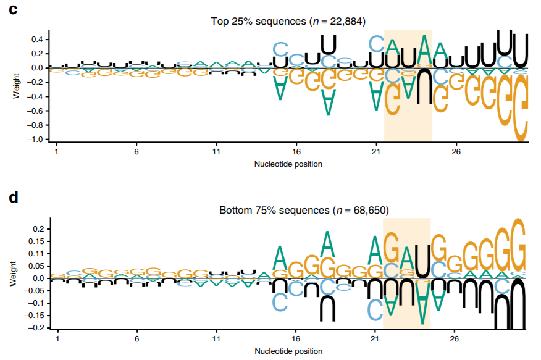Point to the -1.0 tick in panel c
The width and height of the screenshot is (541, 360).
coord(38,140)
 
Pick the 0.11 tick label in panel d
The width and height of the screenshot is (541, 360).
coord(38,254)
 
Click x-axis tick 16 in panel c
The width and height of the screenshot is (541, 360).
coord(296,151)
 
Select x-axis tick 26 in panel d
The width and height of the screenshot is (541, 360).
coord(455,339)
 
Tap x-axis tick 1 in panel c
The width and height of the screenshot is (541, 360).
coord(57,151)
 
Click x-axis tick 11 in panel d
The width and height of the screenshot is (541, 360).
coord(216,339)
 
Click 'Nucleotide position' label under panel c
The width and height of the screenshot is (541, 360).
coord(288,164)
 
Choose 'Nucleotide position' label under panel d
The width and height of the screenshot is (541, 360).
coord(288,351)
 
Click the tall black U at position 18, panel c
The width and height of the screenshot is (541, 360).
coord(329,44)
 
